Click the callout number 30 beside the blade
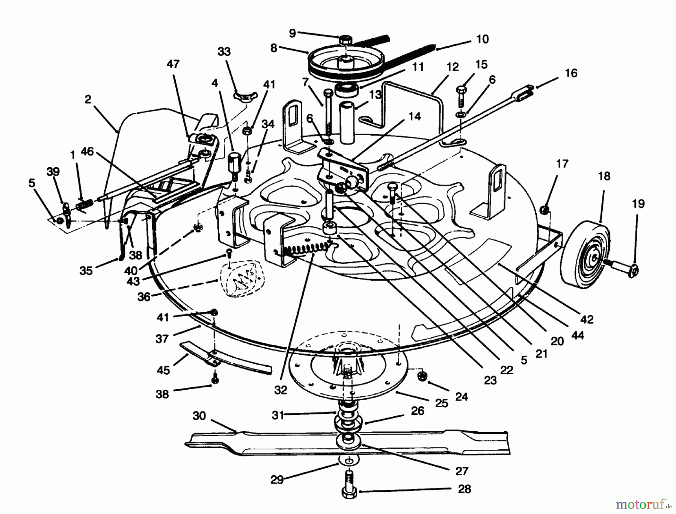pos(199,416)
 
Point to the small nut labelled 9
pos(344,39)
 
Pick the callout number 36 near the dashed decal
pos(144,297)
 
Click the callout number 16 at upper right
pos(571,73)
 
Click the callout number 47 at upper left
pos(173,64)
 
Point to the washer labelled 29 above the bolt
pos(349,461)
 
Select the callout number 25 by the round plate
pos(441,403)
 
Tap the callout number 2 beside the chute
pos(88,99)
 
